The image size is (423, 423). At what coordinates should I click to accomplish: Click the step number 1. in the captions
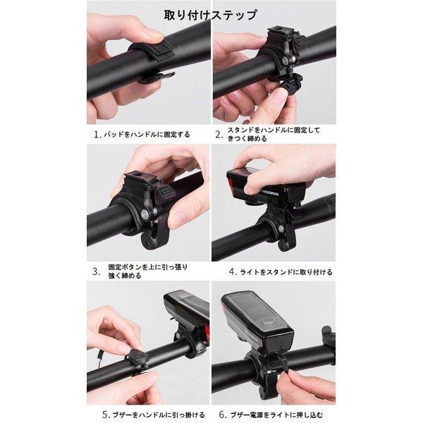point(96,133)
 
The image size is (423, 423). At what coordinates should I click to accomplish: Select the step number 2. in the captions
point(219,132)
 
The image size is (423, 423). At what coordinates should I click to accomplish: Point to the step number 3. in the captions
point(96,269)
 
